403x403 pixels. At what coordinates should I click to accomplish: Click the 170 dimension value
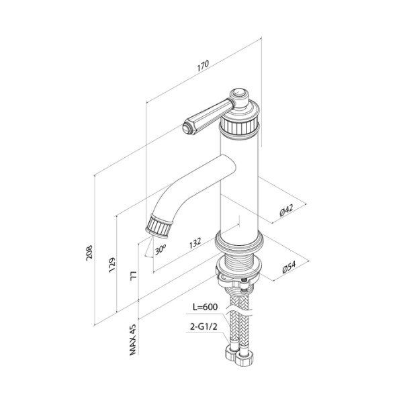(203, 66)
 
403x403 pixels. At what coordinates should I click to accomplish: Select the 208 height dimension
(89, 253)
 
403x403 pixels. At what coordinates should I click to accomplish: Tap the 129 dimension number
(111, 265)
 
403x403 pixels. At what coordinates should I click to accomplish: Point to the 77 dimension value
(134, 275)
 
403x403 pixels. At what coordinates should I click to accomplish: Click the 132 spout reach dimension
(195, 242)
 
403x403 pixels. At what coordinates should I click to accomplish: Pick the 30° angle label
(160, 250)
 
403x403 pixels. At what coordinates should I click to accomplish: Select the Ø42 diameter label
(286, 210)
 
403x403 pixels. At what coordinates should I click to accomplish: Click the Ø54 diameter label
(289, 267)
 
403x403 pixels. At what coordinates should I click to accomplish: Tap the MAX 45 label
(132, 339)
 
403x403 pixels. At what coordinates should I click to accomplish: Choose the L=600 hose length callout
(205, 307)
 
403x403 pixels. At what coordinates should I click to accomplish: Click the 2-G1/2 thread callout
(204, 326)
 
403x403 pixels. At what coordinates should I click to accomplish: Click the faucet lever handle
(208, 117)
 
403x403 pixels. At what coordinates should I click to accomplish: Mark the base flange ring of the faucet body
(239, 241)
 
